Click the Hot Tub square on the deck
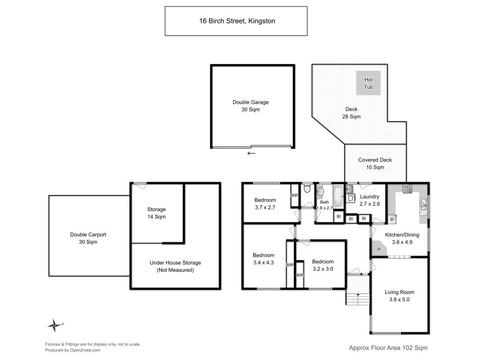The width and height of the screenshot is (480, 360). (x=368, y=83)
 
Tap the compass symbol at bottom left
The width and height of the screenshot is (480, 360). (x=55, y=325)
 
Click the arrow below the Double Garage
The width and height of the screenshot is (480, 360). (x=251, y=153)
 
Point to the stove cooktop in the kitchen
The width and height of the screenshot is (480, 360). (x=406, y=188)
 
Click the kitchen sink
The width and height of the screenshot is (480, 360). (x=424, y=206)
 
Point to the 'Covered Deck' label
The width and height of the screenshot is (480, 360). (x=375, y=160)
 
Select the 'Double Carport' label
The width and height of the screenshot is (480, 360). (x=84, y=235)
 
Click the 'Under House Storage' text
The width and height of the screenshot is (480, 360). (x=175, y=263)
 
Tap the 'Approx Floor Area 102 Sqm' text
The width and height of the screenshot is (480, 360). (x=388, y=347)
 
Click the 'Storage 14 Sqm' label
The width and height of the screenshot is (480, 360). (x=157, y=213)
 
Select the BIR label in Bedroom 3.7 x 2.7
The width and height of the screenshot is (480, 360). (x=295, y=196)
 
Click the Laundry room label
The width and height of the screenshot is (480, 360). (x=369, y=196)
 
